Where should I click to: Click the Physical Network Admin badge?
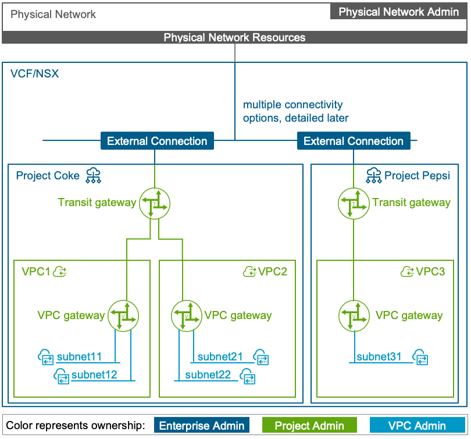(x=398, y=12)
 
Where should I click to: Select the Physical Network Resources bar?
(x=234, y=38)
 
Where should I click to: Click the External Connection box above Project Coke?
(x=157, y=141)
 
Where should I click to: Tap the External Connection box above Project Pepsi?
(x=354, y=141)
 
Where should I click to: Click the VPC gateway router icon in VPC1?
(x=123, y=316)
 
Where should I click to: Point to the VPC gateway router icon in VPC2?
(x=186, y=316)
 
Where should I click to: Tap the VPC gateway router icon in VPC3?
(x=353, y=316)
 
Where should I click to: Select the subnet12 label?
(x=95, y=374)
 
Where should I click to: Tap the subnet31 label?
(x=379, y=356)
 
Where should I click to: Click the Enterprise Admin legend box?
(x=202, y=426)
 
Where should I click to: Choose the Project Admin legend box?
(x=309, y=426)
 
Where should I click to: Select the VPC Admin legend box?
(x=417, y=426)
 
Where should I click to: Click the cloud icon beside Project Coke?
(x=92, y=175)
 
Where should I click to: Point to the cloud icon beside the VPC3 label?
(x=407, y=271)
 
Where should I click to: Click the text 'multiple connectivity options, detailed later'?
(x=295, y=111)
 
